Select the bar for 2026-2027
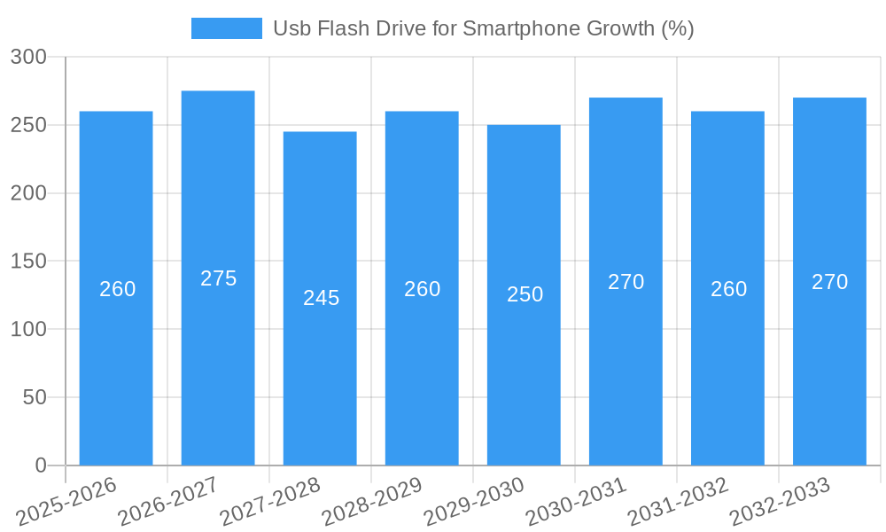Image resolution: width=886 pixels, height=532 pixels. click(218, 355)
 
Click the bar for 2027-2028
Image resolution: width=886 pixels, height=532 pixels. click(320, 372)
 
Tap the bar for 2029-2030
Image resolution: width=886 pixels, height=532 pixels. click(524, 372)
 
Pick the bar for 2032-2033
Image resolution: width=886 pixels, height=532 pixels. click(829, 355)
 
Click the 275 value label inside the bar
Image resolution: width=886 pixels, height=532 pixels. click(218, 278)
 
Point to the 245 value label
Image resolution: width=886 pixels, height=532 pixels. click(321, 298)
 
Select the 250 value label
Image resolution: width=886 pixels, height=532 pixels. click(525, 294)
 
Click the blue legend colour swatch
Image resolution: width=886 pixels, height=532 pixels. click(227, 28)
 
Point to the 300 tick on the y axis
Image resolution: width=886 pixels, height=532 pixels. click(29, 57)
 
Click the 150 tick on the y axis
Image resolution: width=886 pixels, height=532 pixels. click(29, 262)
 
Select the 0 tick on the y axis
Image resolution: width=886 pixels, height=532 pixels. click(41, 465)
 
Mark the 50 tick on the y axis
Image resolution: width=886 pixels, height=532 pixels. click(35, 397)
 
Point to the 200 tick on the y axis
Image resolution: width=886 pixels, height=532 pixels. click(29, 193)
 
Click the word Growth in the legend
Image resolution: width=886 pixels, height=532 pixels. click(621, 28)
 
